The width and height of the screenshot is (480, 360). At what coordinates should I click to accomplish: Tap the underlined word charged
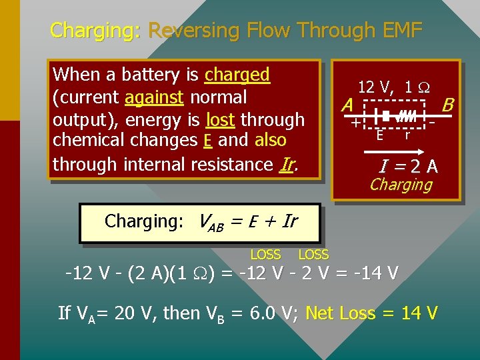tap(237, 74)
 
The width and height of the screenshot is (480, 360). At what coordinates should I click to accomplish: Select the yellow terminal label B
tap(448, 105)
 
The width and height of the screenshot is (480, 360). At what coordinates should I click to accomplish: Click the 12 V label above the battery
tap(375, 87)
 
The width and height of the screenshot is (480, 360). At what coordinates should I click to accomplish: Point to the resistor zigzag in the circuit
tap(407, 117)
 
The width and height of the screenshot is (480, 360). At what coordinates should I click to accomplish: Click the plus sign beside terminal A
tap(355, 123)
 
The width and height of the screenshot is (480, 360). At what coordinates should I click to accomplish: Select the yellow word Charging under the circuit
tap(401, 184)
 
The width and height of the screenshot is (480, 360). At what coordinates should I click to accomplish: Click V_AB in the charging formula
tap(213, 222)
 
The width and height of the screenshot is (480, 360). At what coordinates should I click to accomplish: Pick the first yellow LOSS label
tap(265, 255)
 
